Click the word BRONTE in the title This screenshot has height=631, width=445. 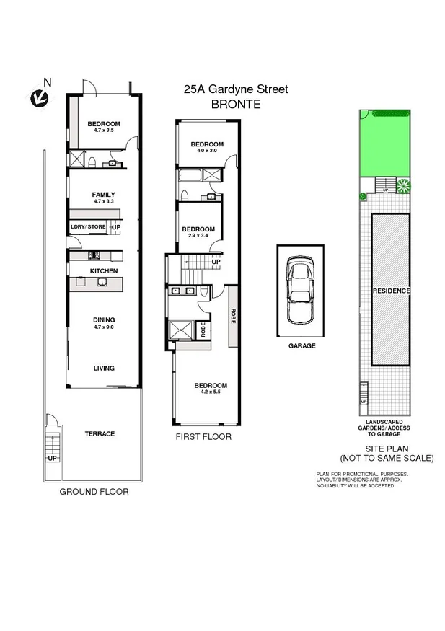click(x=235, y=104)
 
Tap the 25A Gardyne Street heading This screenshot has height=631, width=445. click(x=235, y=89)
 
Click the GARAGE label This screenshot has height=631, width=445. click(x=302, y=345)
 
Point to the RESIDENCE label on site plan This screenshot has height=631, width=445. click(x=391, y=291)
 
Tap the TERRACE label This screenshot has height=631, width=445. click(x=100, y=433)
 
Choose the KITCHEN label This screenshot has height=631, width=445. click(x=104, y=271)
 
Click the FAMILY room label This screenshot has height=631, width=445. click(x=104, y=195)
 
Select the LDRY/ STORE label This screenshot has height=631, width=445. click(x=88, y=227)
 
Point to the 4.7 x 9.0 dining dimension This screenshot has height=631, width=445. click(x=104, y=327)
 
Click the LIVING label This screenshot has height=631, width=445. click(x=104, y=369)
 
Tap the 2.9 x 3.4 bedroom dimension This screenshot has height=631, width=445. click(x=197, y=236)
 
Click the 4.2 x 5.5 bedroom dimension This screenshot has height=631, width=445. click(x=211, y=392)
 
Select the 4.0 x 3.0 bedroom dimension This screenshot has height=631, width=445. click(x=206, y=151)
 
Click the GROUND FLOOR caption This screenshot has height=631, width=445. click(x=94, y=492)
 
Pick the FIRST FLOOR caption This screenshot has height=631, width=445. click(x=204, y=437)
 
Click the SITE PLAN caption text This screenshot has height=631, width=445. click(x=388, y=449)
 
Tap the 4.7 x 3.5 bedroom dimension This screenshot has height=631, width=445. click(x=104, y=131)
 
